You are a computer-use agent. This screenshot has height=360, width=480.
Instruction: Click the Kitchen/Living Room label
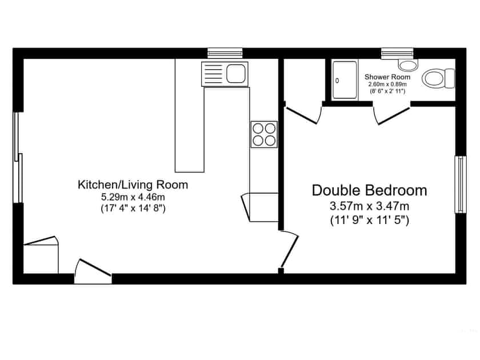[x=133, y=185]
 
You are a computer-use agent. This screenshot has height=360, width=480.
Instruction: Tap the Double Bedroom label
[x=369, y=190]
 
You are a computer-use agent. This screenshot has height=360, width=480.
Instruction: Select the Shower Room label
[x=387, y=77]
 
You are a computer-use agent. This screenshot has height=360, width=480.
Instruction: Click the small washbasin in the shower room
[x=407, y=63]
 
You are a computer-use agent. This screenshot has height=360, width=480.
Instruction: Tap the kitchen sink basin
[x=235, y=73]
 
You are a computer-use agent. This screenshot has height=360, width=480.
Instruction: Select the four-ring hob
[x=263, y=135]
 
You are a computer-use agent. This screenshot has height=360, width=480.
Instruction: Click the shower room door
[x=392, y=114]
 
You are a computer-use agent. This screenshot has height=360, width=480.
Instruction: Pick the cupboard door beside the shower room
[x=303, y=114]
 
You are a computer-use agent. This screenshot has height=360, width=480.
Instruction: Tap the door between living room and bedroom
[x=290, y=249]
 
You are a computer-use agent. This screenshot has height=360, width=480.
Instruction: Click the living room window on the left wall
[x=18, y=157]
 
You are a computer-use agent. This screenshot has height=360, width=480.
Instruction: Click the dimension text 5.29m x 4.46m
[x=133, y=197]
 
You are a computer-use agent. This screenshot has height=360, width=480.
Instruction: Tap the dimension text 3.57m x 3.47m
[x=369, y=206]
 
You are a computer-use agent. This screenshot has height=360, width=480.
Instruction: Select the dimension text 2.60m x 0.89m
[x=387, y=85]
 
